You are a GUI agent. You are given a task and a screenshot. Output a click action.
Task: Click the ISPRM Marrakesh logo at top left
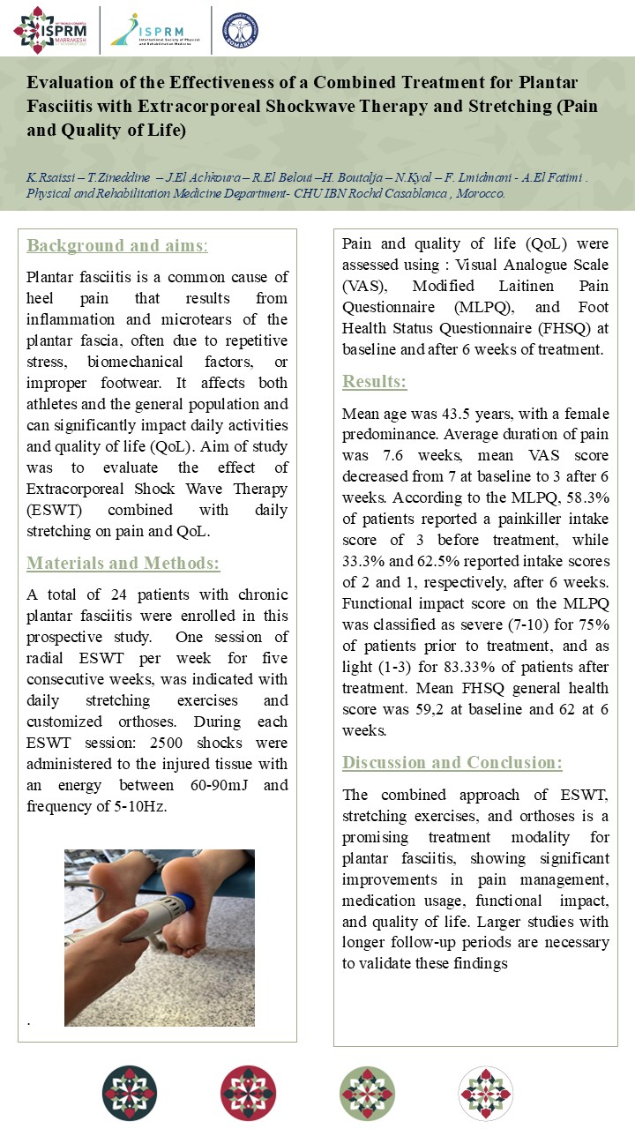(x=50, y=29)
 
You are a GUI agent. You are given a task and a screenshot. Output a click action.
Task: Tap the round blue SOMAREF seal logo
(x=240, y=29)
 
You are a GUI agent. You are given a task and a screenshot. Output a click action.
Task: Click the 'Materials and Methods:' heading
(x=123, y=564)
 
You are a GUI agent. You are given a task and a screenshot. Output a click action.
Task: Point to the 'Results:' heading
(x=375, y=382)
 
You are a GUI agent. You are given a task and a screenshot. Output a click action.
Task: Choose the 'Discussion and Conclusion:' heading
(x=452, y=762)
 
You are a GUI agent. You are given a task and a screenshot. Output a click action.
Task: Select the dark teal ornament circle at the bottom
(x=130, y=1093)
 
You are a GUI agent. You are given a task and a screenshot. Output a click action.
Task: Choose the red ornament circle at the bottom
(x=248, y=1093)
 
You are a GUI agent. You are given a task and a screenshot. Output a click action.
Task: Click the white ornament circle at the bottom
(x=485, y=1093)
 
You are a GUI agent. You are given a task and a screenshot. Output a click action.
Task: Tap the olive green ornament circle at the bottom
(x=367, y=1093)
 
